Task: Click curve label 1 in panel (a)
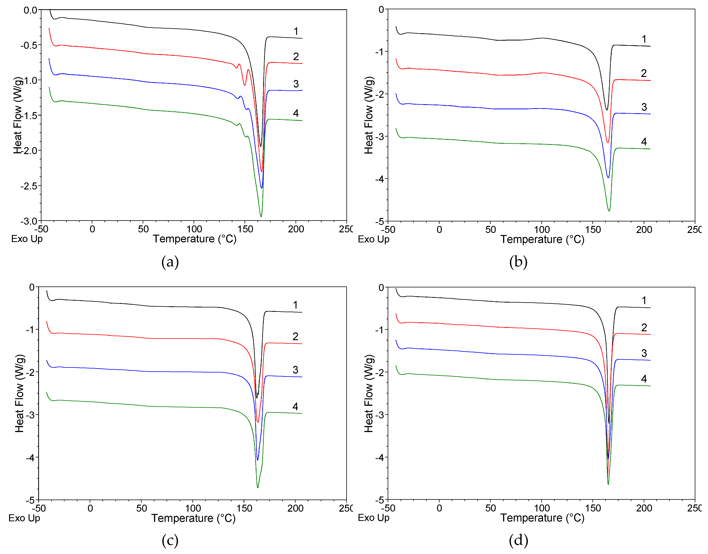(x=296, y=31)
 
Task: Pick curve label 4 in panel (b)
(x=644, y=142)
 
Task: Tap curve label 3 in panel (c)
(x=295, y=370)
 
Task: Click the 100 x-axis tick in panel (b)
(x=542, y=230)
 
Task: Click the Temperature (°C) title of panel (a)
(x=195, y=239)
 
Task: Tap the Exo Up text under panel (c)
(x=24, y=518)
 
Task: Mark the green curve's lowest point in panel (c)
(x=258, y=487)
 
